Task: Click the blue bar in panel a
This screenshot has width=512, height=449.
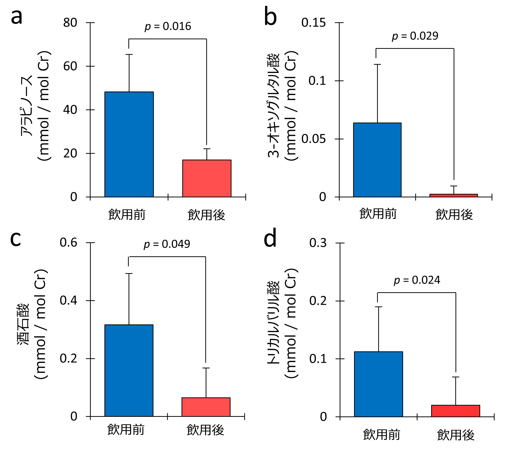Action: click(x=129, y=144)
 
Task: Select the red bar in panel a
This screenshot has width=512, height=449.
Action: click(x=207, y=178)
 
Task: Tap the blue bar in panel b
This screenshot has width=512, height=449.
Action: click(x=377, y=160)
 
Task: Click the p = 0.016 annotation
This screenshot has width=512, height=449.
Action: click(x=168, y=26)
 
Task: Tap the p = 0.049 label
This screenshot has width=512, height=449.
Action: click(x=167, y=244)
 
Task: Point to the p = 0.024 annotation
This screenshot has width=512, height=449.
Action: click(x=417, y=280)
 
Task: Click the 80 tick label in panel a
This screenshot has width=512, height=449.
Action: click(x=70, y=23)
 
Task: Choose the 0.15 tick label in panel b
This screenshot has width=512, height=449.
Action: click(x=313, y=23)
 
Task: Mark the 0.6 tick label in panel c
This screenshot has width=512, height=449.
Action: click(x=68, y=243)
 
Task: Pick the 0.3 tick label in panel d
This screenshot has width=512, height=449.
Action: click(x=318, y=243)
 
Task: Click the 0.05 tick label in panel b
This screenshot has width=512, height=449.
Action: click(x=313, y=139)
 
